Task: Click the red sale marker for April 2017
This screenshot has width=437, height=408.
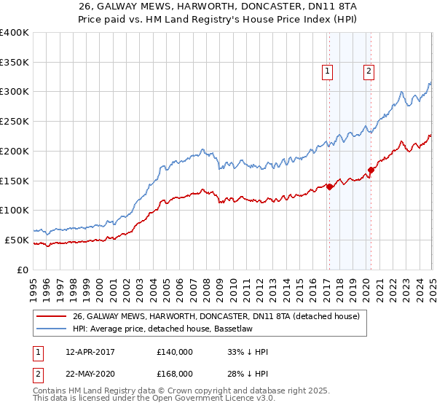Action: coord(329,187)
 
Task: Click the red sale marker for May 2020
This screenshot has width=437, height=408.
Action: coord(371,170)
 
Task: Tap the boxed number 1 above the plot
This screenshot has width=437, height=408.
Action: coord(328,71)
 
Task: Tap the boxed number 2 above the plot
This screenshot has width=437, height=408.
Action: coord(369,71)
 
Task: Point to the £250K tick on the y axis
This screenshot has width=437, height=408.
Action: coord(16,121)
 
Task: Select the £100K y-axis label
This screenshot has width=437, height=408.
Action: coord(16,210)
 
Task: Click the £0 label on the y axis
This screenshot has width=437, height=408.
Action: coord(23,270)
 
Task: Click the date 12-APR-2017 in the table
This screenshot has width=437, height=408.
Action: coord(90,353)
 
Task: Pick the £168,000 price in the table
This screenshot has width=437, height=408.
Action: coord(175,374)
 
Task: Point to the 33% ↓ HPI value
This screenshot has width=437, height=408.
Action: coord(248,353)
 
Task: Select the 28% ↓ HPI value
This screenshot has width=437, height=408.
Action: coord(248,374)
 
